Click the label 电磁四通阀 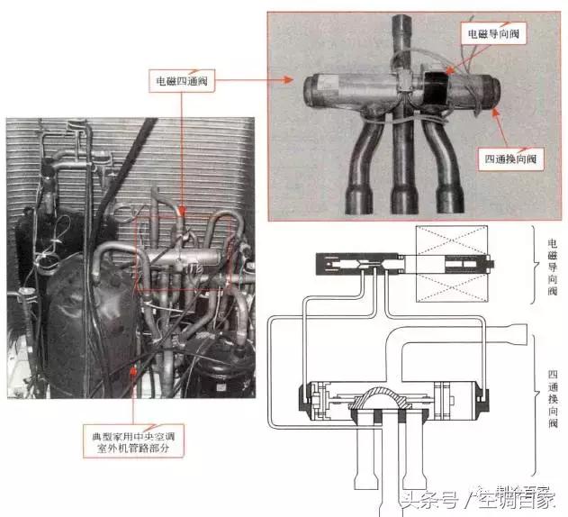[x=182, y=79]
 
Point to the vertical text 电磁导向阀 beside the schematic [x=552, y=267]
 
